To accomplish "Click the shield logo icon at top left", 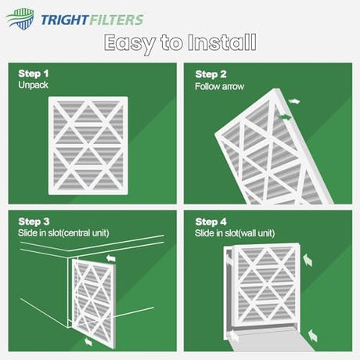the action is point(20,19).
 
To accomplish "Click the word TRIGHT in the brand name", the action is point(65,20).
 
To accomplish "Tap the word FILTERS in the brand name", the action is point(117,20).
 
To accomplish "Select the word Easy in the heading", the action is point(130,43).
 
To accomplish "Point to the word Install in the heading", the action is point(222,42).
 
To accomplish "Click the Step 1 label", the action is point(34,74).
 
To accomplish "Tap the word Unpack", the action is point(33,85).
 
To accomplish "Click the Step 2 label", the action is point(211,74).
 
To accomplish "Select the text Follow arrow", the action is point(219,86).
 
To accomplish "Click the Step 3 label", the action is point(34,221).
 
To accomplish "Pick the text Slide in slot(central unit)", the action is point(63,233).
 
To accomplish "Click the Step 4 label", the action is point(211,221).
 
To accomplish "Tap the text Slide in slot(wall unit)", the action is point(235,233).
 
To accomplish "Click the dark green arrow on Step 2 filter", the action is point(285,117).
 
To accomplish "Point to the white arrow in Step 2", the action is point(294,102).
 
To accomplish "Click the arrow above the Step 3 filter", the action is point(111,258).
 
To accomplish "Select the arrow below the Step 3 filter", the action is point(88,341).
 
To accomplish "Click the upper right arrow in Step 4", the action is point(308,261).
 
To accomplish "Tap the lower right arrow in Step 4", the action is point(312,336).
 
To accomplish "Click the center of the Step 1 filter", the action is point(88,146).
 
